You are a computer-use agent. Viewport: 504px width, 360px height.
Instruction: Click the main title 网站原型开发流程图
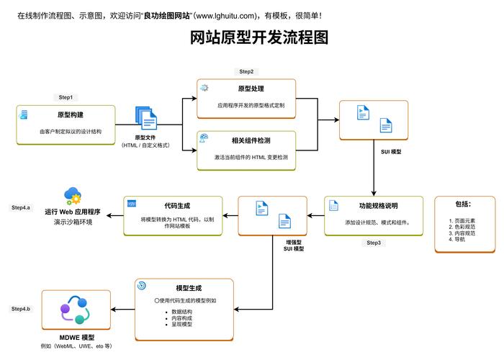pos(258,37)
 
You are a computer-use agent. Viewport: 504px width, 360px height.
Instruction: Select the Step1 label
pos(66,97)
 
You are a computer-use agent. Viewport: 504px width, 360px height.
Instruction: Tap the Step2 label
pos(246,71)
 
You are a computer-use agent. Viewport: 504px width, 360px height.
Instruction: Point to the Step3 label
pos(374,243)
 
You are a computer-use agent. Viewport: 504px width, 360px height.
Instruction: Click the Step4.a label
pos(21,207)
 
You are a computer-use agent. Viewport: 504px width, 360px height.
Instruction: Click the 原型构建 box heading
pos(71,115)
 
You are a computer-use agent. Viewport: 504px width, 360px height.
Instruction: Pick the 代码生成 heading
pos(177,205)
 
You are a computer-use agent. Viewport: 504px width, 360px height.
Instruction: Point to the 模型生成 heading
pos(189,287)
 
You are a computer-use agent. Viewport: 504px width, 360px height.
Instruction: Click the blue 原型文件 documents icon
pos(145,118)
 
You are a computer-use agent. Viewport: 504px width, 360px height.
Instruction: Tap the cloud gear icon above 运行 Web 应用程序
pos(73,195)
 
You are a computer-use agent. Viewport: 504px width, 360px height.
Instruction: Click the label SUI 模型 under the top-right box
pos(392,152)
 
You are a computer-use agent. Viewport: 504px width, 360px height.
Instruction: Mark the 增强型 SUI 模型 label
pos(294,245)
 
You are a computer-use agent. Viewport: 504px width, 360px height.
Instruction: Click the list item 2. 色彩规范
pos(462,227)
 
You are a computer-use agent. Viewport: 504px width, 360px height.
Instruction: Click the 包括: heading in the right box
pos(463,204)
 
